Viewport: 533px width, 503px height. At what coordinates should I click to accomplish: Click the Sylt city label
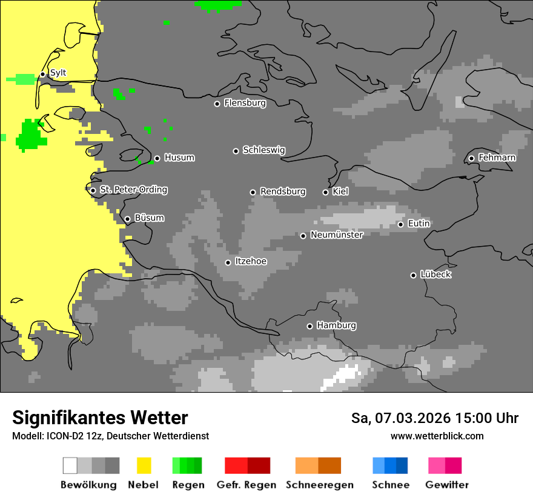coord(58,73)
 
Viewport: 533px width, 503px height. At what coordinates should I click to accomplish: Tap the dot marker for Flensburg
coord(217,104)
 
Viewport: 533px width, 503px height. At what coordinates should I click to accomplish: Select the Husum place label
coord(179,158)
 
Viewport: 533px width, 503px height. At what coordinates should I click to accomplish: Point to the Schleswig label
coord(263,150)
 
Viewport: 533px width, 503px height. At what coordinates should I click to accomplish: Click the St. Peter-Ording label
coord(133,190)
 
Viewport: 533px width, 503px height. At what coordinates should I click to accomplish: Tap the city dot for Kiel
coord(325,192)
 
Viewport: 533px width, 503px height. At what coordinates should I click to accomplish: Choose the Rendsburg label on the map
coord(283,192)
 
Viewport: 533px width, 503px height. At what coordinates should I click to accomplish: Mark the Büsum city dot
coord(127,219)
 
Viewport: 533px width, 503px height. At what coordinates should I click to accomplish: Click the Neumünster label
coord(337,235)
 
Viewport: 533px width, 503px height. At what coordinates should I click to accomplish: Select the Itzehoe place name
coord(251,261)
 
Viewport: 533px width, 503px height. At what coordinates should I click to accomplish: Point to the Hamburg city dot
coord(310,326)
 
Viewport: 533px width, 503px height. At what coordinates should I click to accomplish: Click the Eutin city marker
coord(400,224)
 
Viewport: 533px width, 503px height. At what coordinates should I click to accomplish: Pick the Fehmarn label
coord(497,158)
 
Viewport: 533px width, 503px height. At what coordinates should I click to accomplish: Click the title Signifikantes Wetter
coord(100,418)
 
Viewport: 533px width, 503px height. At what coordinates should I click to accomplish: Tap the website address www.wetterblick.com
coord(437,436)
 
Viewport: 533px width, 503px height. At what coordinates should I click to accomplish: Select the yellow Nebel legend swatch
coord(144,465)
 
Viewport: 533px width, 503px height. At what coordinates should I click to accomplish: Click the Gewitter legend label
coord(447,485)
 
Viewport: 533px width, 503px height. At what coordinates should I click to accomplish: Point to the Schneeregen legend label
coord(320,485)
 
